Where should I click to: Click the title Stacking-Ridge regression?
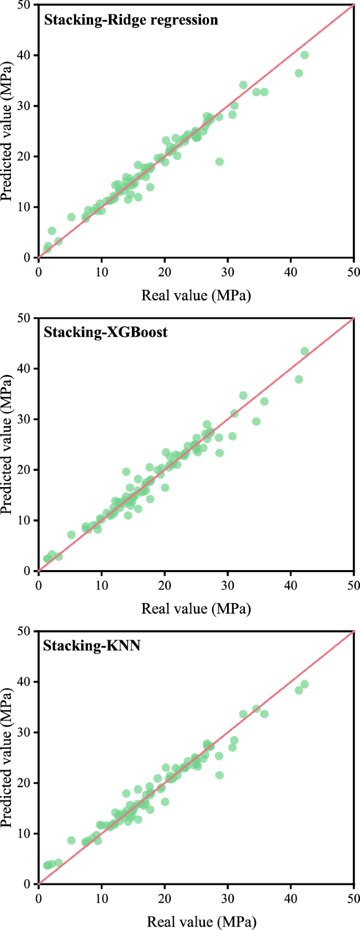pos(130,20)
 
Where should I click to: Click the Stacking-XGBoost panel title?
pos(106,332)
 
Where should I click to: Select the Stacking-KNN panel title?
pos(91,645)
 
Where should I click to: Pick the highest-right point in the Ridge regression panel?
pos(304,55)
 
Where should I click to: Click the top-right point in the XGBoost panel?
pos(304,351)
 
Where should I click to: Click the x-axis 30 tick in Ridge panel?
pos(228,271)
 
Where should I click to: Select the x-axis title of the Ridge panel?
pos(196,295)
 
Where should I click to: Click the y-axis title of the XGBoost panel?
pos(7,445)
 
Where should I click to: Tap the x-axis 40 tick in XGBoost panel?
pos(291,584)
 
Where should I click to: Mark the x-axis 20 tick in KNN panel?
pos(164,897)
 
